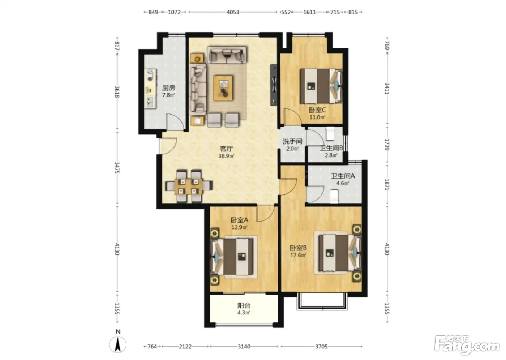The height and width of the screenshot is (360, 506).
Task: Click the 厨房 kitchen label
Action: (168, 87)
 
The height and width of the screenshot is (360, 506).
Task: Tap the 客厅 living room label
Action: (226, 149)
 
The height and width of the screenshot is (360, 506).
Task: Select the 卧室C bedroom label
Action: (317, 110)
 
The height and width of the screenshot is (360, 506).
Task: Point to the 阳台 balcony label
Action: (244, 305)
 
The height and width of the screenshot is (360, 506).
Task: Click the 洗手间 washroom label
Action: (292, 141)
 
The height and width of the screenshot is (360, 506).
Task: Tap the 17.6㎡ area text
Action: (298, 255)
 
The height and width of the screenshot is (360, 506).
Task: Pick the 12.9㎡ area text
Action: (239, 227)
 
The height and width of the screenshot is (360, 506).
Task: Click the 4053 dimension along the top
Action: (233, 12)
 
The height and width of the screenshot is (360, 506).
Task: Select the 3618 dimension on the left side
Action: (117, 92)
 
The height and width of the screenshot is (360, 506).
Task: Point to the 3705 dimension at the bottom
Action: (321, 347)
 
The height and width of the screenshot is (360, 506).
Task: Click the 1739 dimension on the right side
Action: (387, 145)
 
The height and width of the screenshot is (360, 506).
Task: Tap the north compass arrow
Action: (117, 344)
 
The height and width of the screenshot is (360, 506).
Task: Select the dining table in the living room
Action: (189, 186)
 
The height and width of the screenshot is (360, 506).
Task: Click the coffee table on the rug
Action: (223, 88)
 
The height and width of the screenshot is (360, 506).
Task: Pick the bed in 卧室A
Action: (234, 257)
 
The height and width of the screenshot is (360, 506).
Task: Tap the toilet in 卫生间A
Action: (334, 197)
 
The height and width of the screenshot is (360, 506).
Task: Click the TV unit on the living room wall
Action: (274, 85)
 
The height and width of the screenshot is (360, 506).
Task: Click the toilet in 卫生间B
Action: (330, 133)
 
